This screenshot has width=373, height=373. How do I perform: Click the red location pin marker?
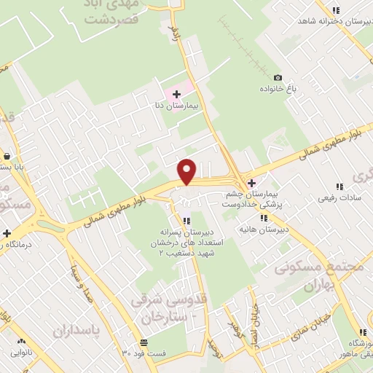tap(187, 171)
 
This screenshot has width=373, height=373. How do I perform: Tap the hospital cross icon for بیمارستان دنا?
tap(176, 94)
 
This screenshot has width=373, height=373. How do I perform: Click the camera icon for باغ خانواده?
tap(277, 78)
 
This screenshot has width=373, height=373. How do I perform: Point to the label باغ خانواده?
tap(278, 88)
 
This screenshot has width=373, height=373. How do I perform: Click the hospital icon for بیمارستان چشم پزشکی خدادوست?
tap(252, 183)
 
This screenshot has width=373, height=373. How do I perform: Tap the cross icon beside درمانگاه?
tap(7, 234)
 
